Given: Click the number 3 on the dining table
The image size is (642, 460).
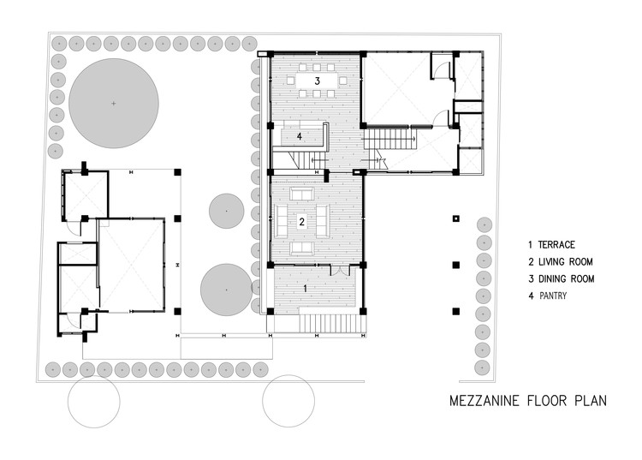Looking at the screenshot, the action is [x=317, y=81].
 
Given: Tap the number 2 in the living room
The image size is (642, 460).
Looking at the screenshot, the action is [x=302, y=222].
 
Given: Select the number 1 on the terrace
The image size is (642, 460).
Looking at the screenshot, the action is [x=305, y=289].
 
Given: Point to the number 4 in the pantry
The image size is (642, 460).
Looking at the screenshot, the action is [x=300, y=136].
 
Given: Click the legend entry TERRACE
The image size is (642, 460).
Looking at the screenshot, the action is [x=556, y=244].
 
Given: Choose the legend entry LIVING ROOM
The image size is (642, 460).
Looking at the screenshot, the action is [x=566, y=262].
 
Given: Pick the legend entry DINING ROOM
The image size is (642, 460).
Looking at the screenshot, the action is [x=567, y=279].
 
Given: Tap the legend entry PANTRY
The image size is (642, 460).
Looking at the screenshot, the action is [x=553, y=296].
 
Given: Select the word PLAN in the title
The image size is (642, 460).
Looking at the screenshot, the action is [x=591, y=400].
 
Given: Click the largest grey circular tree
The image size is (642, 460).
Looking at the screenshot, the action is [x=113, y=104].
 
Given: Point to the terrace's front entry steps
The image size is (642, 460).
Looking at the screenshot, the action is [x=330, y=324].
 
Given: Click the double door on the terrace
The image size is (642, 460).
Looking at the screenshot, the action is [x=340, y=270].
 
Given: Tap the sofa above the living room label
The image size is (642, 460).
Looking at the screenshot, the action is [x=302, y=194].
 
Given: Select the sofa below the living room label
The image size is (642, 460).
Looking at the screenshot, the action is [x=302, y=248].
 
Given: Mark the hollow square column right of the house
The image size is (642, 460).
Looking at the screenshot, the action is [x=456, y=218].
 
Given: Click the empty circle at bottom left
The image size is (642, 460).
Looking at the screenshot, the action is [x=94, y=402].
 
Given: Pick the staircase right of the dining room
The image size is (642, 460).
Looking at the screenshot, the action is [x=389, y=140].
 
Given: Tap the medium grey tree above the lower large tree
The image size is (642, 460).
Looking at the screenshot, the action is [x=227, y=211].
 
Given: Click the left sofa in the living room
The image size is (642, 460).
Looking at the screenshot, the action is [x=282, y=221].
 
